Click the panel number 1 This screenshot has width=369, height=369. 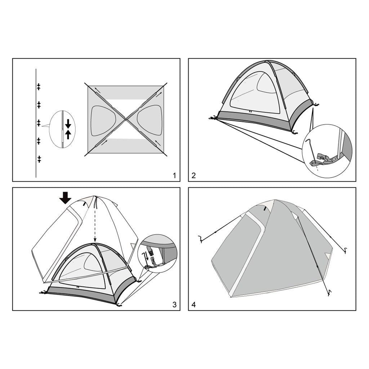[x=174, y=176]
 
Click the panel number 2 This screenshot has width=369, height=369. [x=194, y=176]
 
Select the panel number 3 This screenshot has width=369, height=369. [x=174, y=305]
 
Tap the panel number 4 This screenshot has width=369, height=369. [x=194, y=305]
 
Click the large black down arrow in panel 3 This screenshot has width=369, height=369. [x=65, y=198]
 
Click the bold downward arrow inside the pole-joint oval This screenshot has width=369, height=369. [x=68, y=124]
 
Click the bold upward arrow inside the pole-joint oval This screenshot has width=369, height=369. [x=68, y=135]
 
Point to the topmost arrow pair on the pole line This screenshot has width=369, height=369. [x=39, y=86]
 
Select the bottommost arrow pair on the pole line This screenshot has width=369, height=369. [x=39, y=159]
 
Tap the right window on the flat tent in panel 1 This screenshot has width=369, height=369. [x=150, y=120]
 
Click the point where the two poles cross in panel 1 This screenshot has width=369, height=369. [x=126, y=120]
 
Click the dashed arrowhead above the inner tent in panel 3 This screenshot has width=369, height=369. [x=95, y=240]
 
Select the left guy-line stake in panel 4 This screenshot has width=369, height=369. [x=200, y=239]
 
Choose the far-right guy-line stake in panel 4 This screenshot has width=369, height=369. [x=345, y=250]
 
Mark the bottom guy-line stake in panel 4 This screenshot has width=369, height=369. [x=329, y=293]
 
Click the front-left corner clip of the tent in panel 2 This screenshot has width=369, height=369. [x=213, y=118]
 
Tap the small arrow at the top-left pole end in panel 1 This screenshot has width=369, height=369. [x=97, y=90]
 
